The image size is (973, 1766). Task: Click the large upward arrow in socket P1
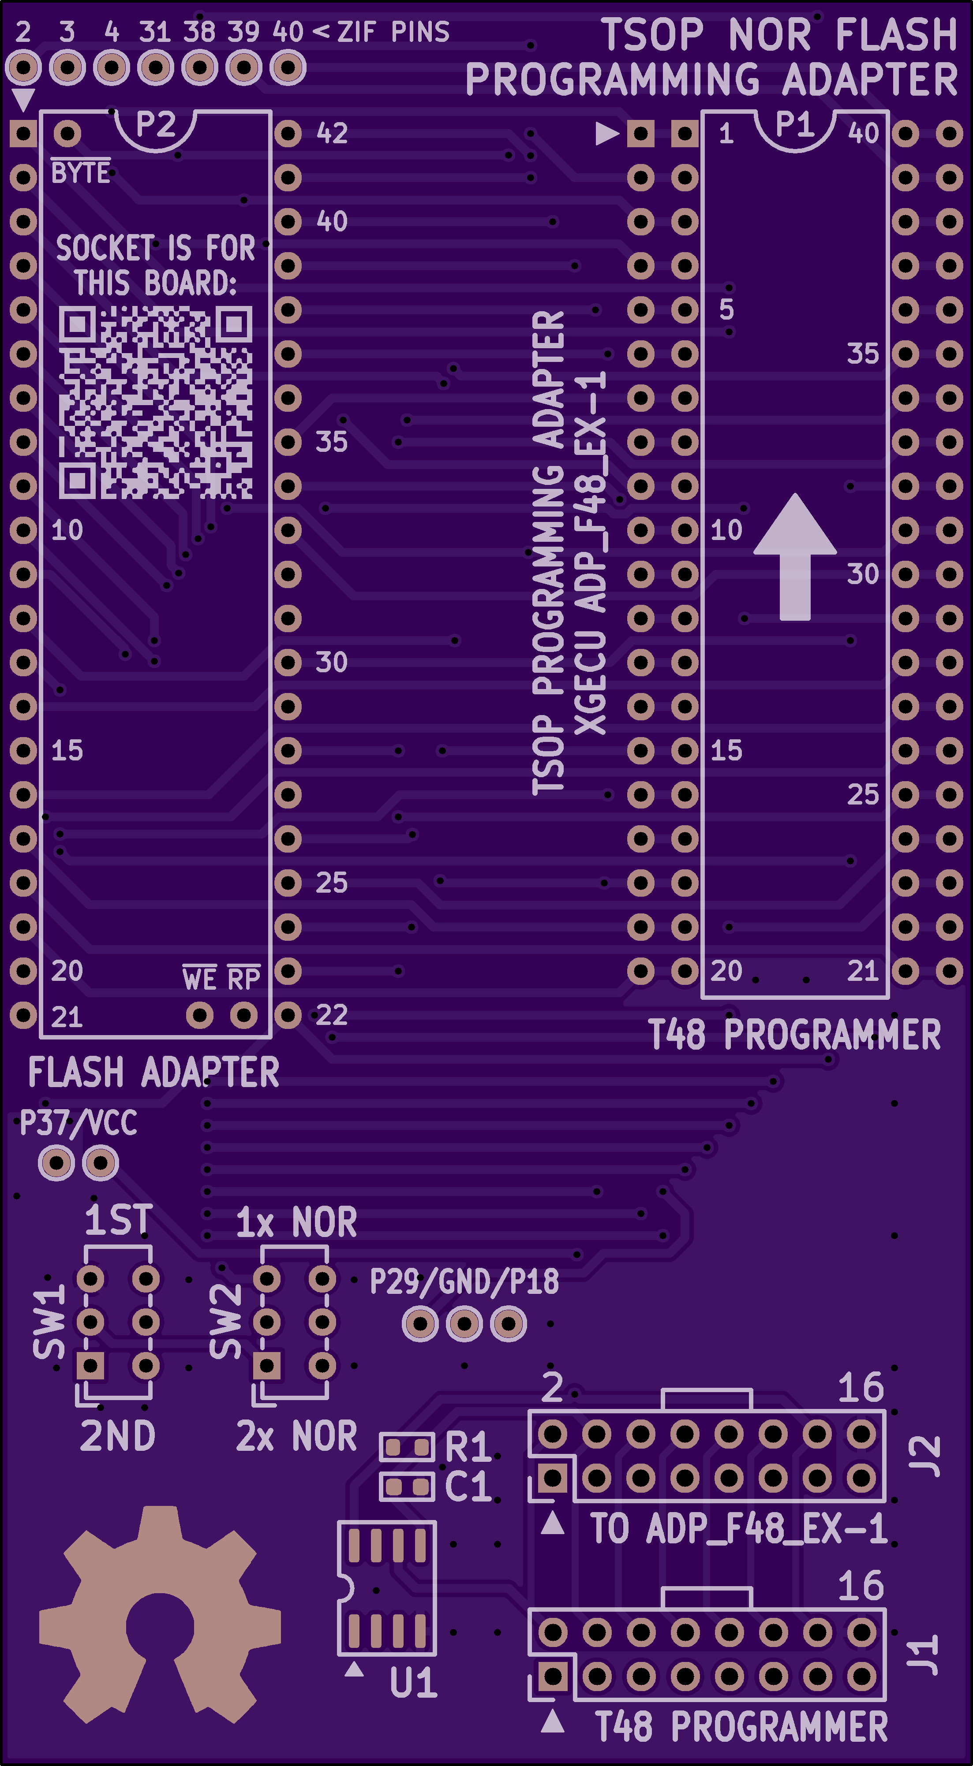click(x=795, y=556)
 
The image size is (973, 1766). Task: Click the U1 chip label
click(x=413, y=1682)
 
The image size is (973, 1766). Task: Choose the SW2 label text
click(x=225, y=1321)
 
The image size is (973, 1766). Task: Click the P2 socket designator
click(x=156, y=125)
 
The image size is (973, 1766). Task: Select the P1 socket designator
click(x=795, y=125)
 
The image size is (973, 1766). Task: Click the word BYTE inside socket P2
click(x=80, y=173)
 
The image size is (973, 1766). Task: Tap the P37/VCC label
click(x=78, y=1123)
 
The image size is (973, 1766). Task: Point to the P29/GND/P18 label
click(x=464, y=1282)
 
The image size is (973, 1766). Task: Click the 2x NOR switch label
click(x=296, y=1436)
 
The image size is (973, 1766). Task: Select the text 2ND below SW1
click(x=117, y=1436)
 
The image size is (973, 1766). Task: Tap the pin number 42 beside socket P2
click(x=332, y=134)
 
